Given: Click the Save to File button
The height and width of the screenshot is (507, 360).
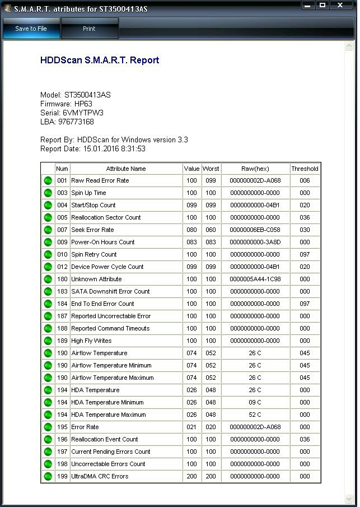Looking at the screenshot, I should [31, 29].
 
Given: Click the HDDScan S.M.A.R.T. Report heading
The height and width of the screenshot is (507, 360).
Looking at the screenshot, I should [100, 61].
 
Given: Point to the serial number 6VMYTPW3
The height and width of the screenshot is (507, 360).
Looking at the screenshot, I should [83, 113].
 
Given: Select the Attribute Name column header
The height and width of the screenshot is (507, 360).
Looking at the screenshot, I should [126, 169].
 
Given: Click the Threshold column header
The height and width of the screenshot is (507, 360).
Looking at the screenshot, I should [305, 169].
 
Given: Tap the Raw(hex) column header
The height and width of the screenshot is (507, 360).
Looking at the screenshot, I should [255, 169].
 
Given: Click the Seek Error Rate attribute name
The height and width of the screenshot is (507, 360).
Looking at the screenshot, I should [92, 230].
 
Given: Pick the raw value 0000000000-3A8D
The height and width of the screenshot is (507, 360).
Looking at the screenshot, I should [255, 242].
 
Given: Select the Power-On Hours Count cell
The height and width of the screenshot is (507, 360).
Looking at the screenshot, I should [103, 242].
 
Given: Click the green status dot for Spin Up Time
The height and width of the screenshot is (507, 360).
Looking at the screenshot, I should [48, 193].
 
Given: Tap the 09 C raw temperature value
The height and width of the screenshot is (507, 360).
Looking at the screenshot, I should [255, 402].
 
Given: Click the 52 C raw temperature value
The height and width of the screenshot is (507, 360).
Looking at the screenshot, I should [255, 415].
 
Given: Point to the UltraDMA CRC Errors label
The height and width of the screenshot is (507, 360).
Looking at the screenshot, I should [100, 476].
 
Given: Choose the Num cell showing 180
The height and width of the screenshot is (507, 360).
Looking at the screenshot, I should [62, 279].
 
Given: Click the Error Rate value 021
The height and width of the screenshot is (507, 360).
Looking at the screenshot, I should [191, 427].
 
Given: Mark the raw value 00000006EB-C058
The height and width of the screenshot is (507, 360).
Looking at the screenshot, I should [255, 230].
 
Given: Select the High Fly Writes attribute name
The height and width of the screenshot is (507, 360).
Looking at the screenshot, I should [91, 341].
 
